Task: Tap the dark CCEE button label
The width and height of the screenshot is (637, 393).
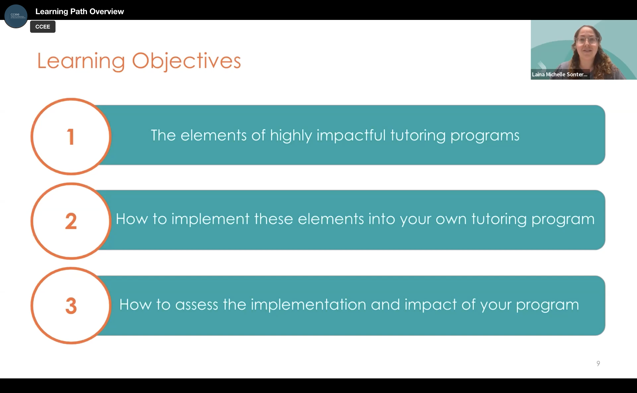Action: pos(43,27)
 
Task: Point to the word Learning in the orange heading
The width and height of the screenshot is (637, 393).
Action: pos(81,61)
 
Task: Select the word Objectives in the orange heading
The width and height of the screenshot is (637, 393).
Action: pos(186,61)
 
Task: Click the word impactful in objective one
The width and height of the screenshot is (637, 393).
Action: pos(351,135)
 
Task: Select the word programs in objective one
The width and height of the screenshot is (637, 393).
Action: pos(485,135)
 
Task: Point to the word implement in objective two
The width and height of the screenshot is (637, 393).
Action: pos(210,219)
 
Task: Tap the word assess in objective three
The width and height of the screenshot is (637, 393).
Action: pos(196,305)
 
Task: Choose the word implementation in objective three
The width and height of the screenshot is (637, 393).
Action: pos(308,305)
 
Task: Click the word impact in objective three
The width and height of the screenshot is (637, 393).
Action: pos(430,305)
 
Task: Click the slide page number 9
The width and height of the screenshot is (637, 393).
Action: pos(598,363)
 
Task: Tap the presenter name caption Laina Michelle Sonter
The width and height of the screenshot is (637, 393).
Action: pos(560,75)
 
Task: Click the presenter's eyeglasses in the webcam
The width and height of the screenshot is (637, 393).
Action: pos(587,40)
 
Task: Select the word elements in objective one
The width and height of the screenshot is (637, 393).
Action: pos(213,135)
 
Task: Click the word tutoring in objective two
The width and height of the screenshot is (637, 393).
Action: pos(499,219)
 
